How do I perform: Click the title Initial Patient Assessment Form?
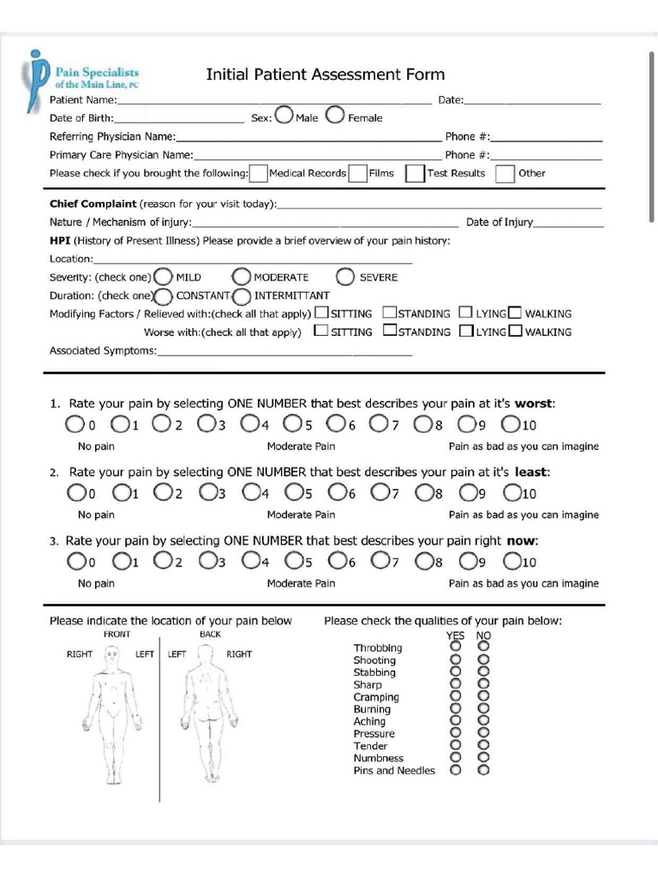coord(325,75)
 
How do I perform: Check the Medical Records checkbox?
coord(258,173)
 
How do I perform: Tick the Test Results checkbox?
coord(416,173)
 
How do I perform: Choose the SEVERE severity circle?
coord(345,277)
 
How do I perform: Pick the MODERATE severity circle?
coord(241,277)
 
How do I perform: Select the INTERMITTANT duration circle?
coord(242,296)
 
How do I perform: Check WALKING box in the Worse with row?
coord(515,331)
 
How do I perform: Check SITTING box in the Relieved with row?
coord(321,313)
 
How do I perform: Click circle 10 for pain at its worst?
coord(511,424)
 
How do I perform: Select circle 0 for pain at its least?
coord(75,492)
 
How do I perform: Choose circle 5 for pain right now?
coord(293,561)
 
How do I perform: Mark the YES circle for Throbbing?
coord(455,647)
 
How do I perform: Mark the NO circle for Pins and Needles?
coord(483,770)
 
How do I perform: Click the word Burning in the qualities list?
coord(372,709)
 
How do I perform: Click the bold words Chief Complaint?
coord(93,204)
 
